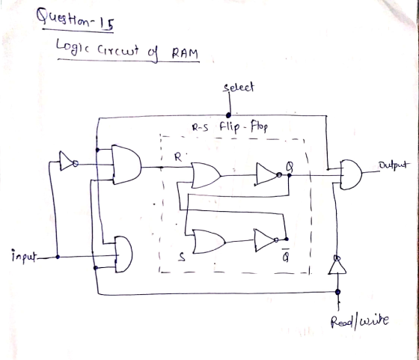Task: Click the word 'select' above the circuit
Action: coord(239,88)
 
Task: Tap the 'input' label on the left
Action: coord(23,256)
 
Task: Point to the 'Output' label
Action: coord(393,165)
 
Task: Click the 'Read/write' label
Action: coord(359,322)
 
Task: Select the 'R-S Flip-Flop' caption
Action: coord(230,127)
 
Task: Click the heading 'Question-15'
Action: coord(76,19)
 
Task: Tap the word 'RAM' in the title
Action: coord(185,53)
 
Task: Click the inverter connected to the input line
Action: coord(69,162)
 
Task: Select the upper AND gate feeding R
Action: coord(126,165)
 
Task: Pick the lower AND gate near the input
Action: coord(123,254)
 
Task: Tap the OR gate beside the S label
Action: coord(209,241)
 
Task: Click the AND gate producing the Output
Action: coord(351,175)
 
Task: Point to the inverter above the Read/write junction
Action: coord(337,265)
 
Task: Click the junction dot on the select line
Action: coord(228,115)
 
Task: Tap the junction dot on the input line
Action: coord(58,257)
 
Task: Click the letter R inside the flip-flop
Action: coord(178,157)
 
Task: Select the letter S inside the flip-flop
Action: coord(181,257)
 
